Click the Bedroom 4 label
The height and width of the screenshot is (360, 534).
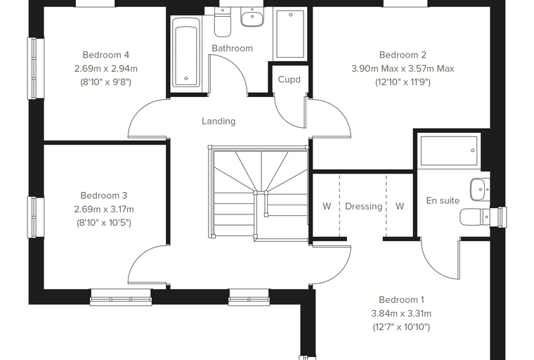click(x=106, y=55)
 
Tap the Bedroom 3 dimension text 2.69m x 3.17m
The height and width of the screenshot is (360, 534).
click(x=104, y=210)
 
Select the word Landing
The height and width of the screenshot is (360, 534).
click(x=219, y=122)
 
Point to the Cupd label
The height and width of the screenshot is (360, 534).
click(x=289, y=79)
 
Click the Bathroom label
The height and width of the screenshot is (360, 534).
click(x=233, y=49)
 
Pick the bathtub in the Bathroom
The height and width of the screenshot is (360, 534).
click(x=186, y=52)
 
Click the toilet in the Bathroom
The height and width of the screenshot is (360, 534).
click(x=223, y=22)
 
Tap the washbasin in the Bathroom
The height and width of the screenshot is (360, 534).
click(x=252, y=18)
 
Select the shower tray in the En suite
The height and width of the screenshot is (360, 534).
click(x=449, y=150)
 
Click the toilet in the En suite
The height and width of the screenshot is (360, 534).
click(x=475, y=217)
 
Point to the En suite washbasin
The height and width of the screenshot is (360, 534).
click(x=480, y=189)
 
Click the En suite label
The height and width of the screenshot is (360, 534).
click(x=443, y=200)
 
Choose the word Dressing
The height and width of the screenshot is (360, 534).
click(x=364, y=207)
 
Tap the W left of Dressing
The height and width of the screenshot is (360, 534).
click(x=327, y=206)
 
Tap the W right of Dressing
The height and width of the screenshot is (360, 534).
click(x=400, y=206)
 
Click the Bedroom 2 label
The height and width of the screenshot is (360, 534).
click(x=403, y=55)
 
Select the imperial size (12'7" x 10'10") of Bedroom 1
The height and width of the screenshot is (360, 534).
click(x=401, y=327)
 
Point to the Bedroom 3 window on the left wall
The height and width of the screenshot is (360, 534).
click(x=35, y=217)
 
